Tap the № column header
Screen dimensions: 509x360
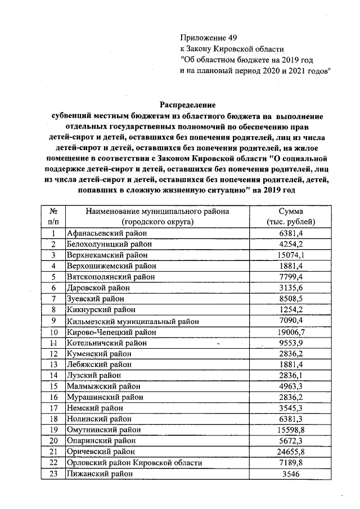(x=54, y=211)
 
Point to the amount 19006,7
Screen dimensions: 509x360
(x=291, y=332)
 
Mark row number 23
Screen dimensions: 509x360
(x=54, y=474)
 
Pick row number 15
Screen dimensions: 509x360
(x=54, y=386)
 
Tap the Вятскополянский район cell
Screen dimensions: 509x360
(x=107, y=277)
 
